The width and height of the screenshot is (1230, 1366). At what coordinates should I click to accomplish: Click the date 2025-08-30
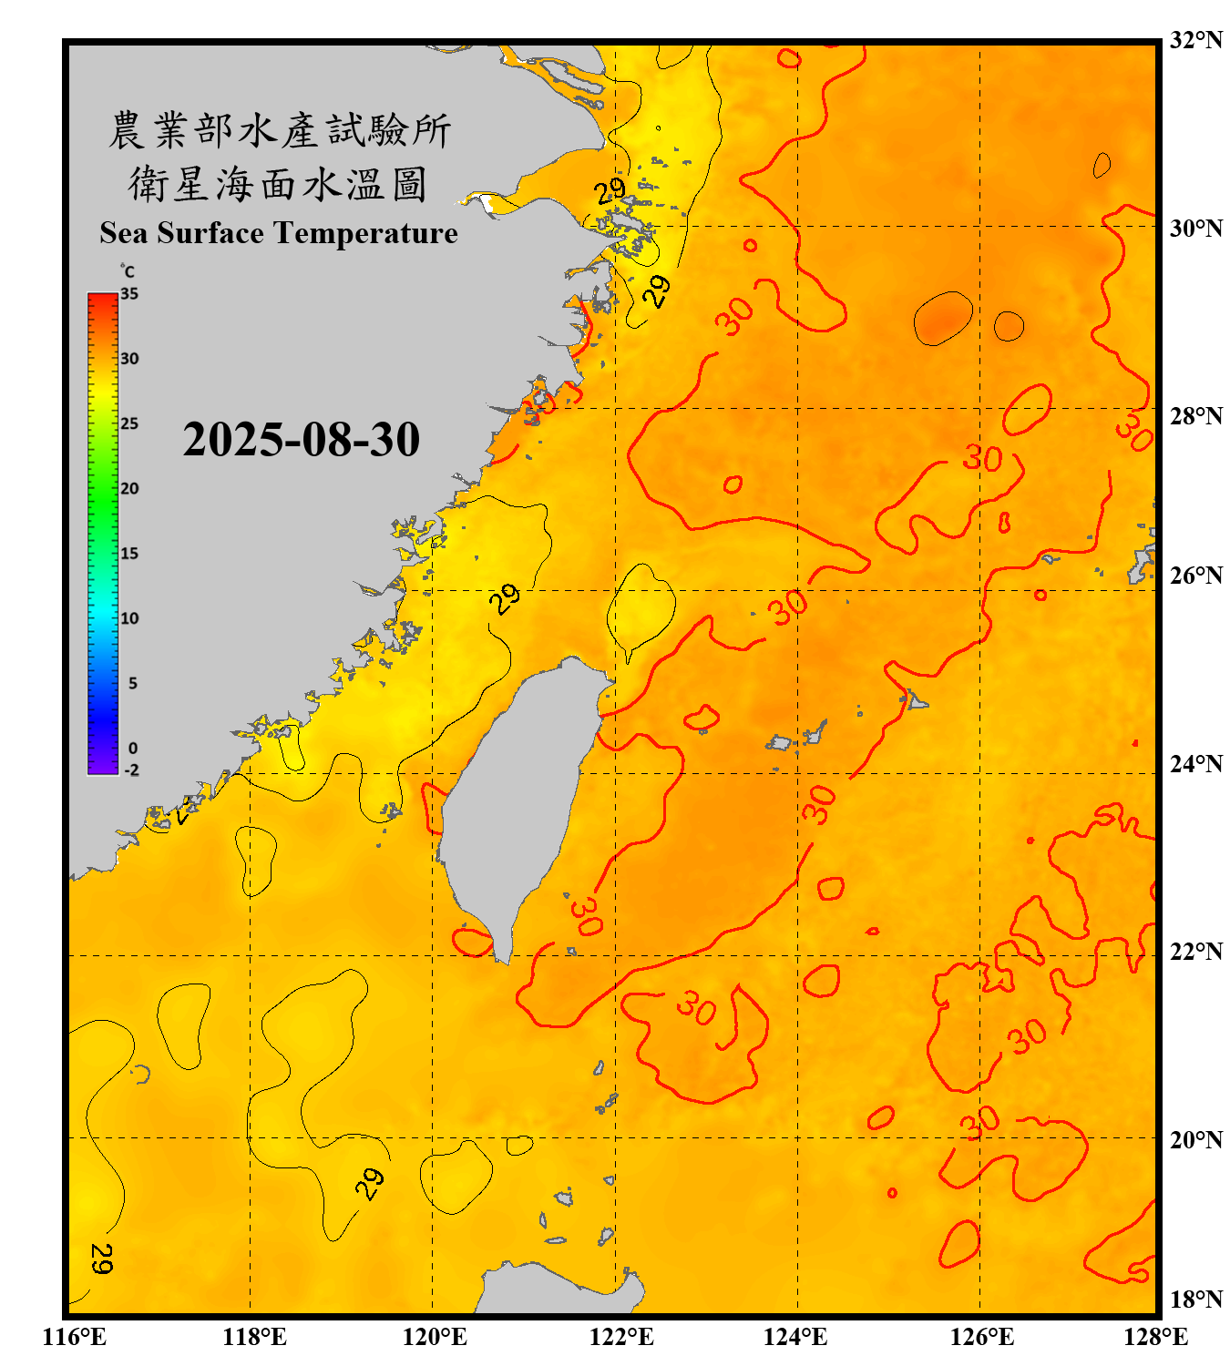(x=301, y=439)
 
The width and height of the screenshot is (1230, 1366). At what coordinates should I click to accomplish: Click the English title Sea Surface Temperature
(x=278, y=233)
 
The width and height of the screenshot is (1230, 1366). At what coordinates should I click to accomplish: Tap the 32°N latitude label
(x=1195, y=40)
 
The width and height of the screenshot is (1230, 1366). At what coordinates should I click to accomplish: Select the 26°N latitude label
(x=1195, y=576)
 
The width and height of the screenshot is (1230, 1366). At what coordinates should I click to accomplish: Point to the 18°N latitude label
(x=1195, y=1300)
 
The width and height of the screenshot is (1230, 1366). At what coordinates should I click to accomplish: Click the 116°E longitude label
(x=75, y=1337)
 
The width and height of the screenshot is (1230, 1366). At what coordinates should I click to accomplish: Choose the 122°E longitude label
(x=621, y=1337)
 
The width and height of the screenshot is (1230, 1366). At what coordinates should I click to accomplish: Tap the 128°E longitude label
(x=1155, y=1337)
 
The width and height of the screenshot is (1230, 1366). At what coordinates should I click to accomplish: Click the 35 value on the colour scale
(x=129, y=293)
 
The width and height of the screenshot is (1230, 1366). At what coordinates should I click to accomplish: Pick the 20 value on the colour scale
(x=129, y=488)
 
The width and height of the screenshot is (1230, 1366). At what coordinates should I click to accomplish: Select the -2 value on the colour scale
(x=131, y=770)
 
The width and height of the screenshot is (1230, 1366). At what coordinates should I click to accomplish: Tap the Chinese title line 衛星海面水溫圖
(x=278, y=184)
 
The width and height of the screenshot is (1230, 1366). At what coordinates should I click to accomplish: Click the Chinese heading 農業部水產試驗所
(x=280, y=130)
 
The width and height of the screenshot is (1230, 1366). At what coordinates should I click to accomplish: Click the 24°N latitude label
(x=1195, y=763)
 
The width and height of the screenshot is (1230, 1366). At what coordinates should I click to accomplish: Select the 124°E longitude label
(x=795, y=1337)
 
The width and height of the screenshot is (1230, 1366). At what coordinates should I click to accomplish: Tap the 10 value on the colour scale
(x=129, y=618)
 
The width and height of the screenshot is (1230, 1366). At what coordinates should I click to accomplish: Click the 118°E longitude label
(x=254, y=1337)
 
